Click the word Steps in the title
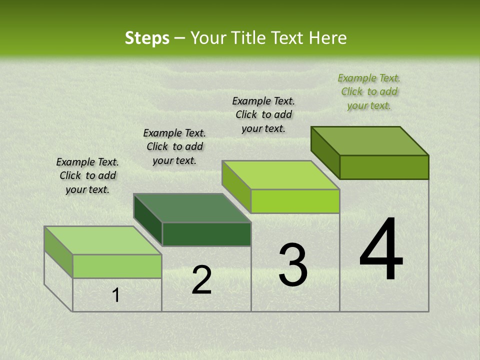tap(147, 38)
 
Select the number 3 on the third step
tap(293, 265)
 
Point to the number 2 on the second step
tap(201, 280)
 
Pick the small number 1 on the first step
tap(116, 295)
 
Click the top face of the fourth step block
tap(370, 140)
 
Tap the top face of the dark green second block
tap(192, 208)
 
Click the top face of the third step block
tap(281, 175)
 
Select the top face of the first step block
tap(103, 240)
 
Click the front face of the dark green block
tap(206, 234)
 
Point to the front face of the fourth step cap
tap(384, 167)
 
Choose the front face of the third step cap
tap(295, 201)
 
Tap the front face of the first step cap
tap(117, 266)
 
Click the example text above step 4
tap(369, 91)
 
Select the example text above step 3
tap(263, 114)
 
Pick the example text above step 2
tap(174, 146)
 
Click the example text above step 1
tap(87, 175)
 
